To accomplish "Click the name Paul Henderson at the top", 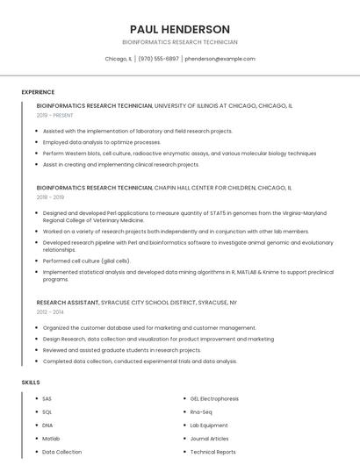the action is point(179,29).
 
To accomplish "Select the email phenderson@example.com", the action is point(220,59).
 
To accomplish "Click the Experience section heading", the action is point(38,92).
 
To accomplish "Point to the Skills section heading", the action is point(31,383).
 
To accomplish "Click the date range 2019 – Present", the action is point(55,115).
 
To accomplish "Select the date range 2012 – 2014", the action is point(50,312).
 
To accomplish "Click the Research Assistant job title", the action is point(68,303).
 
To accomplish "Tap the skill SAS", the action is point(47,399).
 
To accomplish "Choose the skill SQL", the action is point(47,412).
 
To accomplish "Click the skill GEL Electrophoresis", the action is point(213,399).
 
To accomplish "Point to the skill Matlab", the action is point(51,439).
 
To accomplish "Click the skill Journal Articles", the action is point(209,439).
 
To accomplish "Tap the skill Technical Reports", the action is point(212,452).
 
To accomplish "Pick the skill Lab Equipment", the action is point(209,426).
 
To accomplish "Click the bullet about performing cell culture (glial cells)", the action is point(86,261).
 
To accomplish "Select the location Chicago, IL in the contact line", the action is point(119,59).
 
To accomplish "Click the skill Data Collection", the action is point(61,452).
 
